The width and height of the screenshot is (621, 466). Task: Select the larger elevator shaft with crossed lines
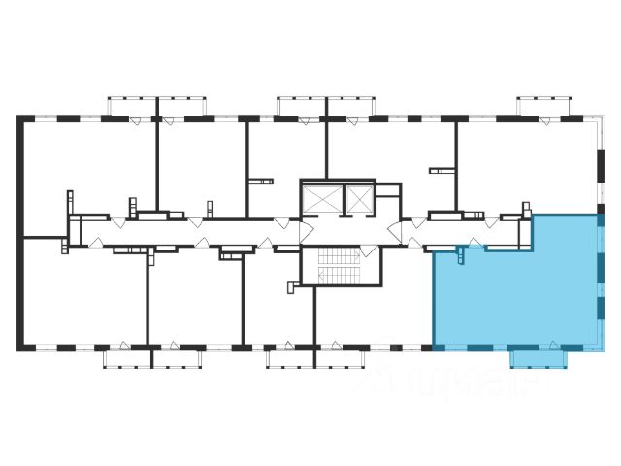pyautogui.click(x=319, y=200)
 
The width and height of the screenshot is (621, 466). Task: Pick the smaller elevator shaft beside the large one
pyautogui.click(x=358, y=199)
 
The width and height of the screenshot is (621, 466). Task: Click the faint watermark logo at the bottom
pyautogui.click(x=456, y=383)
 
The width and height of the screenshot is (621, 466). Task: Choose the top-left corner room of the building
pyautogui.click(x=87, y=170)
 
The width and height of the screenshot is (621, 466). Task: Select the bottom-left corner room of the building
pyautogui.click(x=82, y=296)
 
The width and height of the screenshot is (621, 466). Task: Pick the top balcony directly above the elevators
pyautogui.click(x=325, y=106)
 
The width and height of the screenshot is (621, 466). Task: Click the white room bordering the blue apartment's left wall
pyautogui.click(x=374, y=301)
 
